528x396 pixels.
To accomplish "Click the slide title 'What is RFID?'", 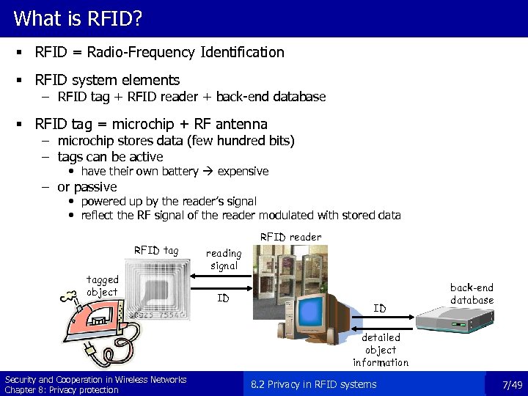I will [78, 18].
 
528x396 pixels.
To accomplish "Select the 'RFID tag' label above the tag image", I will [155, 250].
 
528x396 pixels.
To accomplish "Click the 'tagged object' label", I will [102, 285].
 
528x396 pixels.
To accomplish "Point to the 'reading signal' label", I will [224, 260].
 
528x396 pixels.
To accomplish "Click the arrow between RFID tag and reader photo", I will [219, 277].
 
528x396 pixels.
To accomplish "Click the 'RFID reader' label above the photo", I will [291, 237].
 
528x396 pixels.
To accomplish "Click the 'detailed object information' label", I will [381, 350].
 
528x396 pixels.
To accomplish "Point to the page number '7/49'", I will [511, 385].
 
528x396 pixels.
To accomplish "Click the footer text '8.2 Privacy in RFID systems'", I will [314, 384].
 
